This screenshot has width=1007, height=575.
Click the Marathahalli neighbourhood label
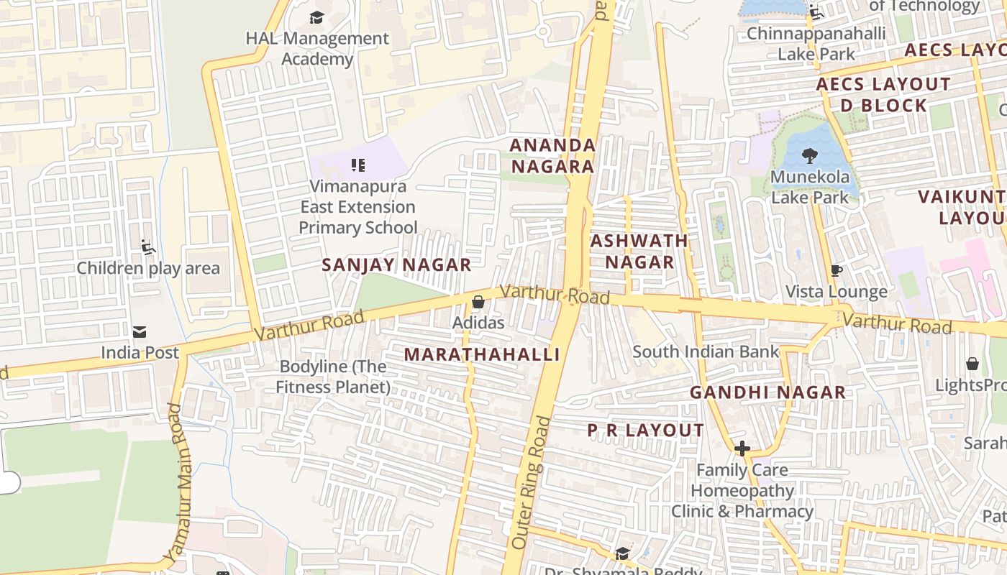click(481, 354)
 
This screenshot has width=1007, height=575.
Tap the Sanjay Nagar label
click(396, 264)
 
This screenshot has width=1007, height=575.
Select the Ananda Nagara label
click(552, 156)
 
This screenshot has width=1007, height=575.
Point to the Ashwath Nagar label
click(639, 252)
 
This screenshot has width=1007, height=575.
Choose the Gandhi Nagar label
click(767, 392)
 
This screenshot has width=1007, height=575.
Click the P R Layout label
click(645, 431)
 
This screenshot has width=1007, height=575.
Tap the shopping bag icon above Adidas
click(478, 303)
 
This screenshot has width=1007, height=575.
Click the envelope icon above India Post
click(140, 332)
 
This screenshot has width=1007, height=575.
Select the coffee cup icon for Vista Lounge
click(836, 271)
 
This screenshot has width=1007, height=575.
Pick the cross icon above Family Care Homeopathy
click(742, 449)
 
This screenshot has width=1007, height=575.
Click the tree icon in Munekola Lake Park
click(810, 155)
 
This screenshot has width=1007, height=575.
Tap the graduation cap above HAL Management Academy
click(316, 17)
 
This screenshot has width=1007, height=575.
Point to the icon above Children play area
click(148, 248)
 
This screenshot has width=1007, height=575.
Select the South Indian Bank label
click(706, 351)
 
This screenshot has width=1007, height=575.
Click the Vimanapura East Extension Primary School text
click(357, 207)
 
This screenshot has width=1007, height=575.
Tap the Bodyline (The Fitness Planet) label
click(333, 377)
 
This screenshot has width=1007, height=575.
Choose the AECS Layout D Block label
click(883, 95)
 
